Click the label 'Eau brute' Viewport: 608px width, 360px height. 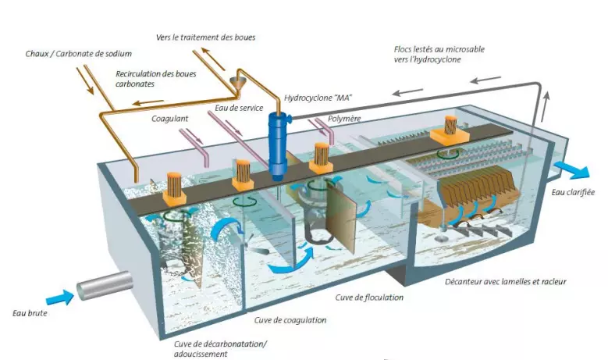(25, 314)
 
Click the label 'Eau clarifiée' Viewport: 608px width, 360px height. (572, 191)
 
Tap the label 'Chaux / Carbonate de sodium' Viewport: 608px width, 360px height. (77, 53)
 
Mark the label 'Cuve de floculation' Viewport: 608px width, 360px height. (368, 298)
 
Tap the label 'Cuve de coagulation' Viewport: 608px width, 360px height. (290, 320)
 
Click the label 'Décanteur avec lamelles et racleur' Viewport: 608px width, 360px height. (505, 281)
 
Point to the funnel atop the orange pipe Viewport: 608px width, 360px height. (238, 83)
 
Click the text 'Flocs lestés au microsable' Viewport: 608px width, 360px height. (439, 49)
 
